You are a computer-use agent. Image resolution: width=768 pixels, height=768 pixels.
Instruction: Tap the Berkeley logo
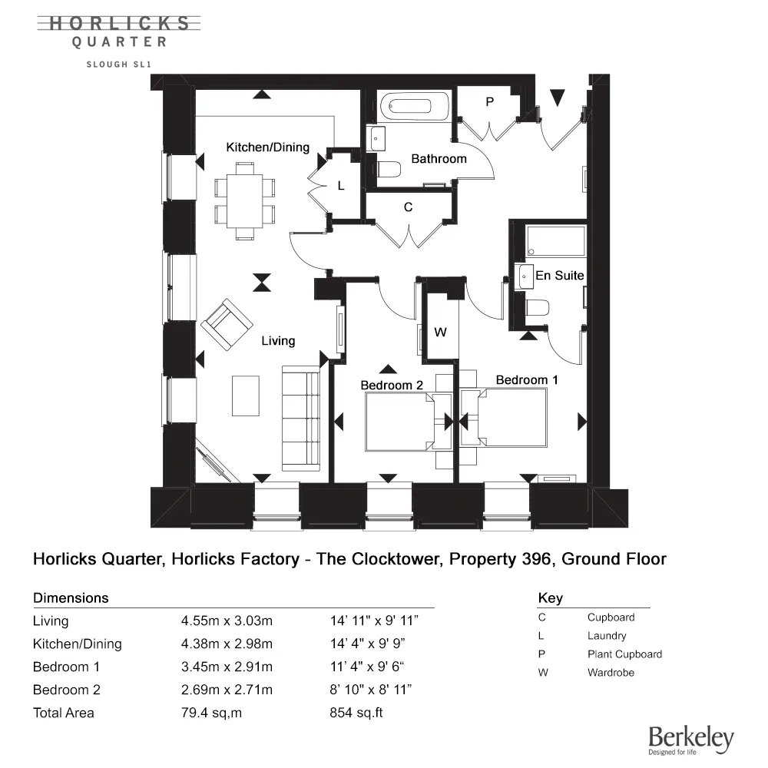point(690,738)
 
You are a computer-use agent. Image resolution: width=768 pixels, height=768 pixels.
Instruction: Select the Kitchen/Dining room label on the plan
point(267,147)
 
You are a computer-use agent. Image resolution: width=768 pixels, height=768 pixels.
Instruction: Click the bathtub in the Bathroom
point(415,107)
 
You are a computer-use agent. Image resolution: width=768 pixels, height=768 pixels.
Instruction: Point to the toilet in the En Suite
point(537,308)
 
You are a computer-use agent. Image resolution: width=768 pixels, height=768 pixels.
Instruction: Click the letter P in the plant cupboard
point(489,102)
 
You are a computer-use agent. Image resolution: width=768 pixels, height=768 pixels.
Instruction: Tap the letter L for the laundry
point(341,186)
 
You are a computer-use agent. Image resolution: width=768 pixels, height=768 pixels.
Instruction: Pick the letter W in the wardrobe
point(440,333)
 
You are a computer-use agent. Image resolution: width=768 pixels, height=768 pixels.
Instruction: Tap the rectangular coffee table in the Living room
point(246,395)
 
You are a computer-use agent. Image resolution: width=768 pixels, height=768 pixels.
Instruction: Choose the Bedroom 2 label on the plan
point(392,385)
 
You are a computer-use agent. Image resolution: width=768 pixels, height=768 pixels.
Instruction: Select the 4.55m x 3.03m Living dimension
point(226,621)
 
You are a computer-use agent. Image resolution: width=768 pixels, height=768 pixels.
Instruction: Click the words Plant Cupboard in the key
point(624,654)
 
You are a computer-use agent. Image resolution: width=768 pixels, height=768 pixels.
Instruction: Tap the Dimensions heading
point(71,598)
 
